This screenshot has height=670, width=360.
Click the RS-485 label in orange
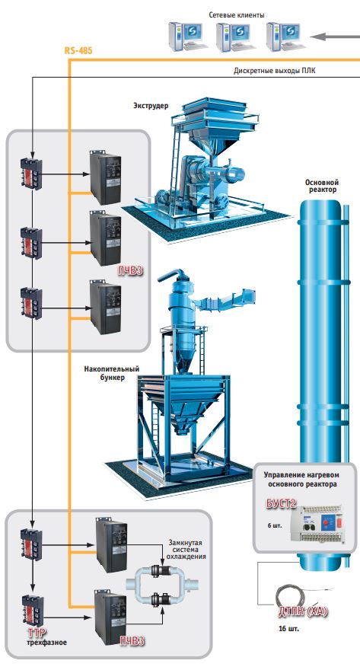78,50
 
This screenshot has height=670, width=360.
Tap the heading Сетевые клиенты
237,15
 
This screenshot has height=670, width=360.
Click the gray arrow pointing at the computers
335,37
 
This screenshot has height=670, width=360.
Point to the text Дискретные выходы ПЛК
274,71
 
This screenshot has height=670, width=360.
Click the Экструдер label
151,105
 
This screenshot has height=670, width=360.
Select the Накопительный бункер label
111,373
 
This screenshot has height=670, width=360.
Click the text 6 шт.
275,525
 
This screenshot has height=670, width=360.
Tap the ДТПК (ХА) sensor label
303,611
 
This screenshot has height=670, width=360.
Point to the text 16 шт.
288,629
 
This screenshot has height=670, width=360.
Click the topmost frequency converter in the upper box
105,177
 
